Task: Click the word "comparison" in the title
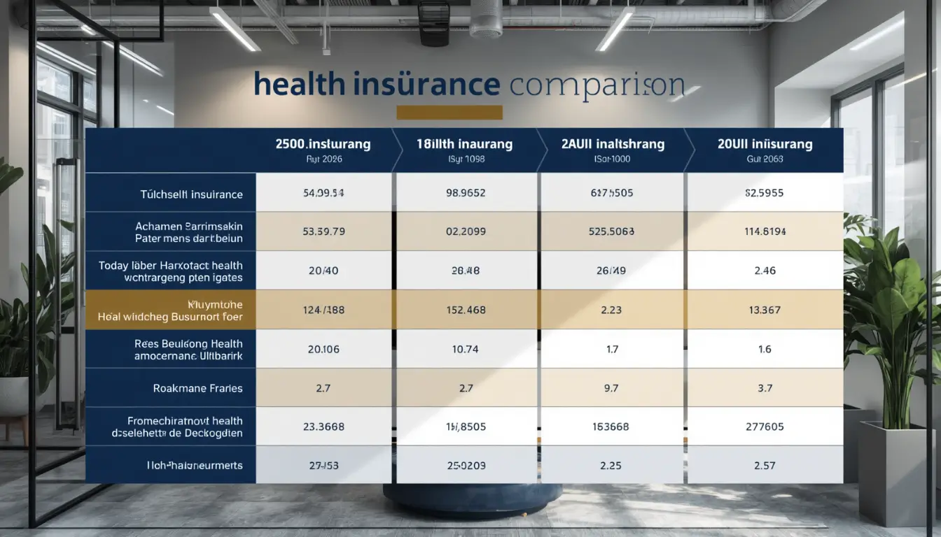pos(597,85)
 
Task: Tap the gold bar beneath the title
pos(449,113)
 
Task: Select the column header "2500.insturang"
pos(323,145)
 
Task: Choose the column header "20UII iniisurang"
pos(765,145)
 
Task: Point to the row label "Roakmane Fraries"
pos(197,388)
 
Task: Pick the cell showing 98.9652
pos(466,194)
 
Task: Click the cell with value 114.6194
pos(765,231)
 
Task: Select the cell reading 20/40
pos(323,271)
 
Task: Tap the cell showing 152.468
pos(466,310)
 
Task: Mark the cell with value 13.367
pos(765,310)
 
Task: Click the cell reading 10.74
pos(466,349)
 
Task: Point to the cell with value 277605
pos(765,427)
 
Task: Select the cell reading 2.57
pos(765,465)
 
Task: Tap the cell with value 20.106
pos(323,349)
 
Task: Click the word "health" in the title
pos(300,84)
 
